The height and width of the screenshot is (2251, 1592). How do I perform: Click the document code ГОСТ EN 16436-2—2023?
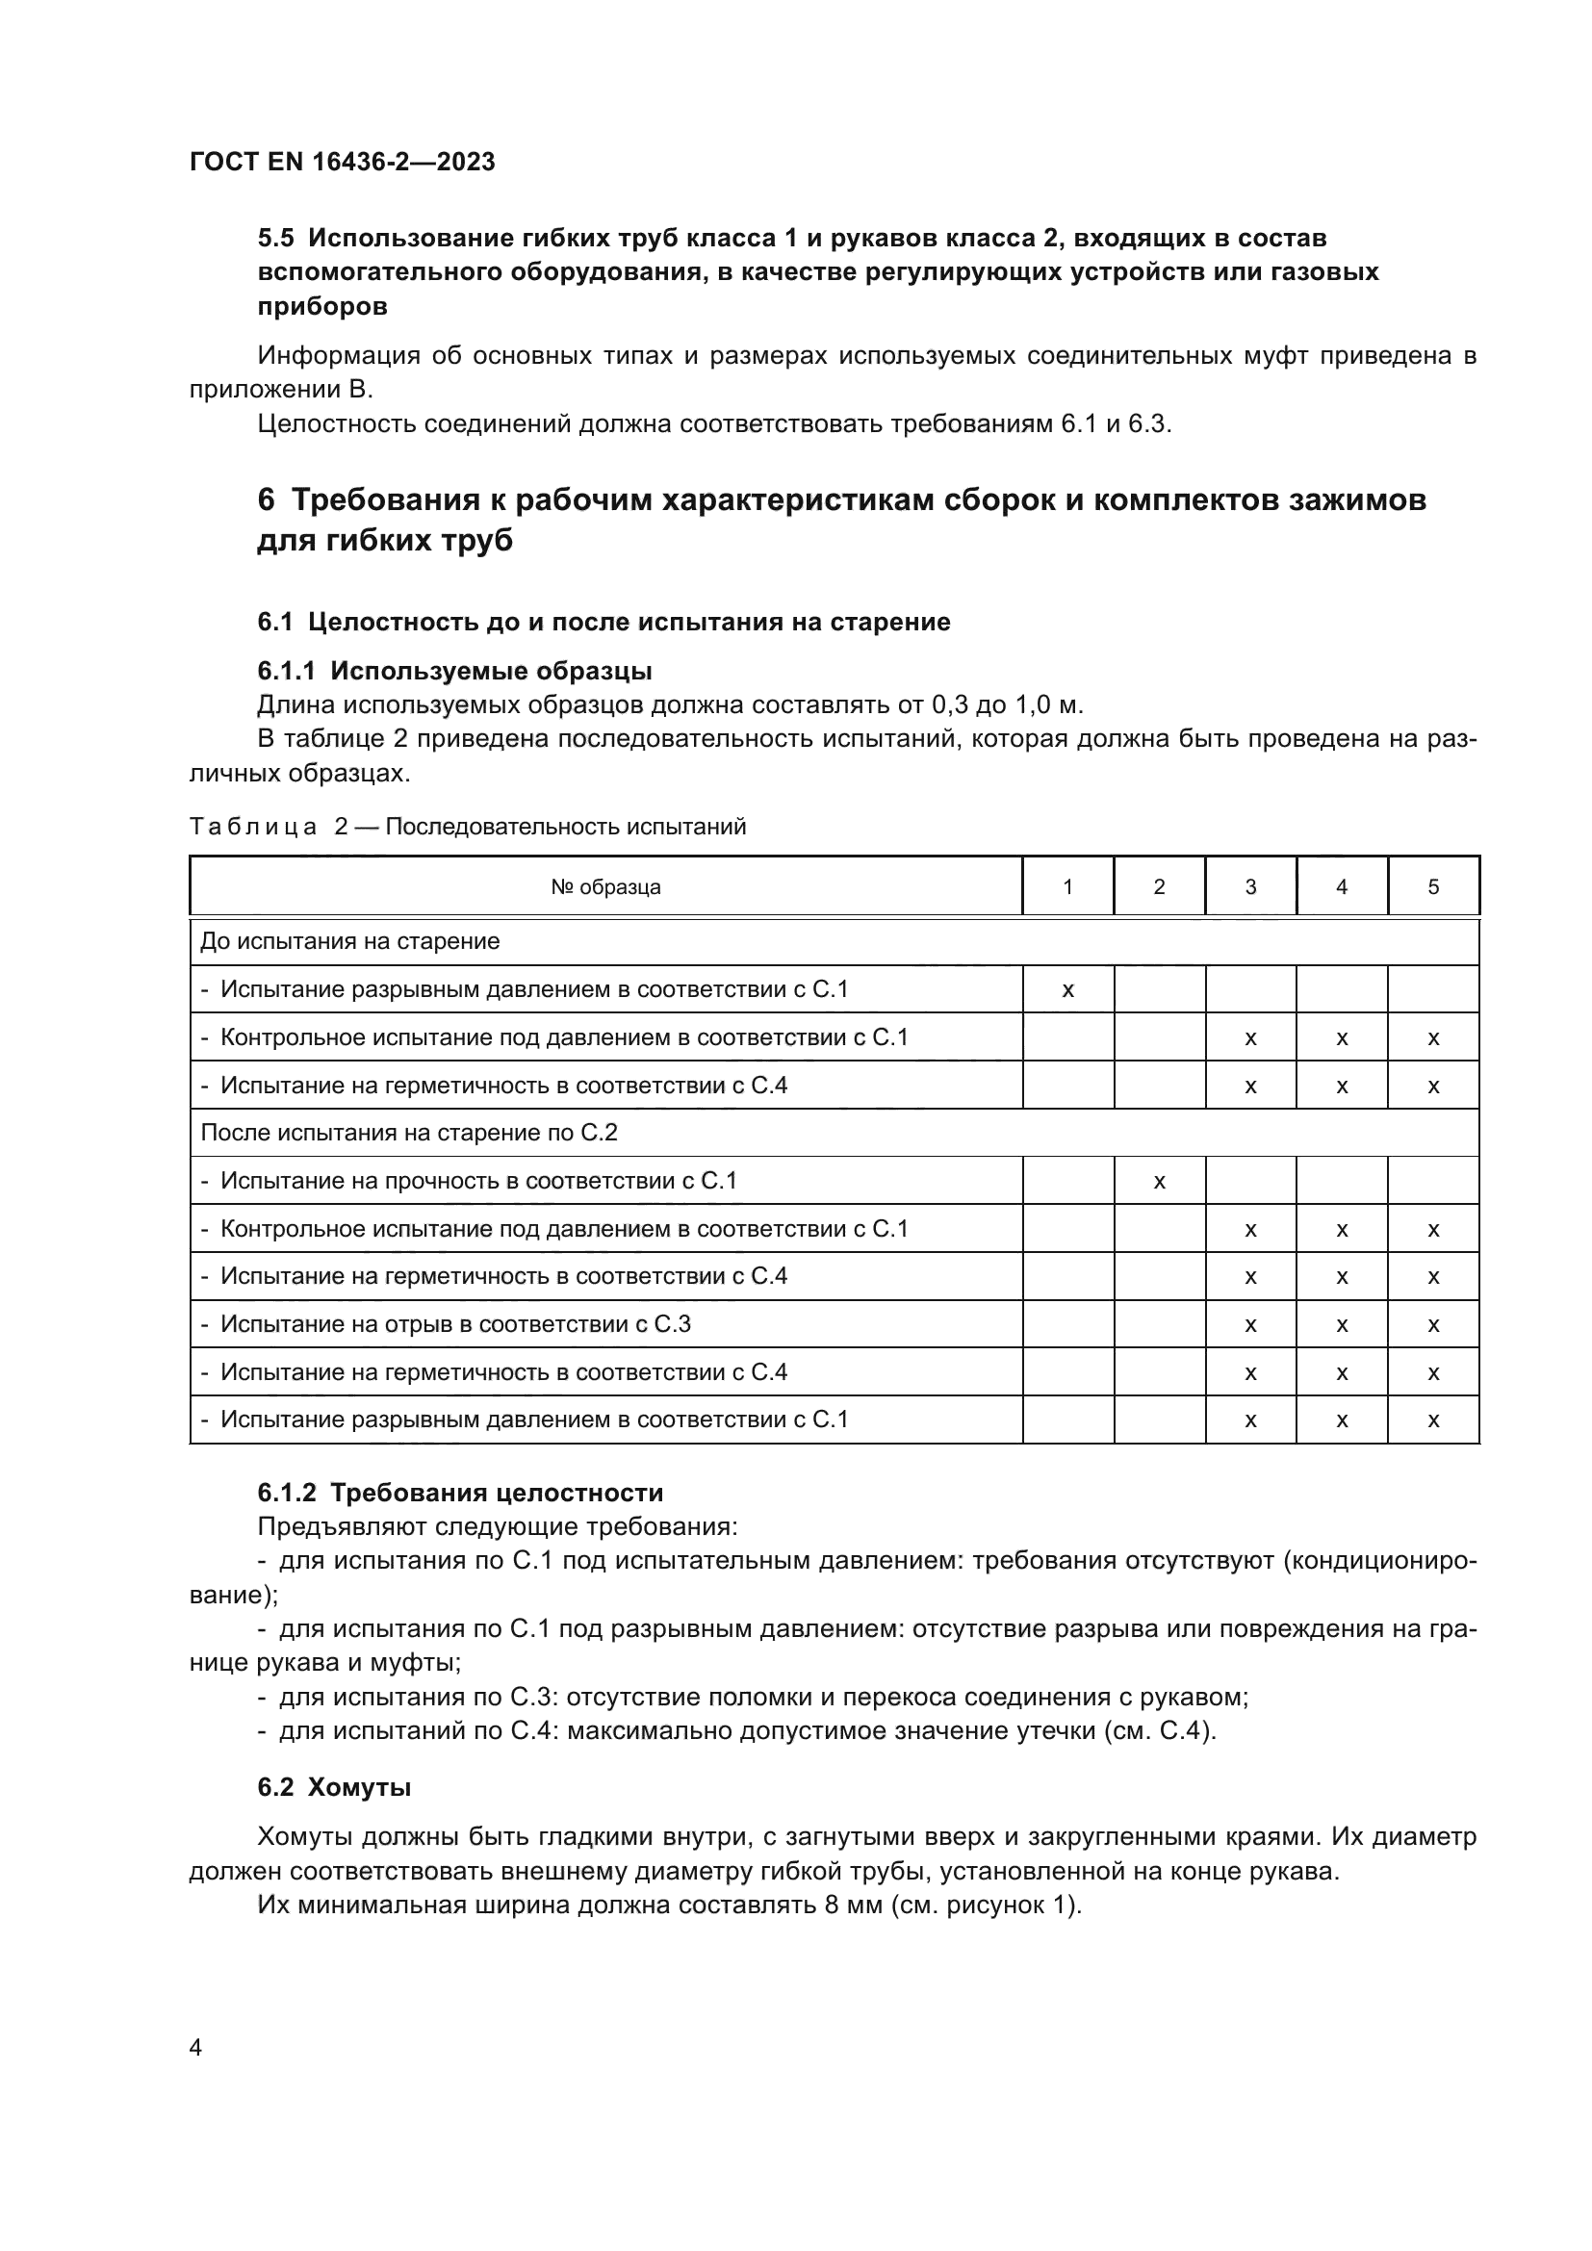coord(342,162)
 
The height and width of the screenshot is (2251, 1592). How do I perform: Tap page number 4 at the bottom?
coord(195,2047)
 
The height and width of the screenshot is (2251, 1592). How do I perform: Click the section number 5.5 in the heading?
coord(275,239)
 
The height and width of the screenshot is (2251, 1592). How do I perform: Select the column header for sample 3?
coord(1250,887)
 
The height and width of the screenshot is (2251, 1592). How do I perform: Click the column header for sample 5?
coord(1432,887)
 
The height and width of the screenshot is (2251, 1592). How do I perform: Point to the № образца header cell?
coord(604,887)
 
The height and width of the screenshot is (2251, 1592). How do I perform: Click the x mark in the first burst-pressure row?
coord(1067,990)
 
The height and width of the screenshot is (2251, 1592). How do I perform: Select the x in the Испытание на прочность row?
coord(1159,1182)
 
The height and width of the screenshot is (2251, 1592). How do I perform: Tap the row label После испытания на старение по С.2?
coord(409,1134)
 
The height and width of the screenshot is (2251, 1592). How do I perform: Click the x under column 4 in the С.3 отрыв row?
coord(1341,1325)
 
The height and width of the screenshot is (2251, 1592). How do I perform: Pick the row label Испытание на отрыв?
coord(455,1324)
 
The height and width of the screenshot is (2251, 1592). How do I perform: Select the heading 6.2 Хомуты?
coord(334,1787)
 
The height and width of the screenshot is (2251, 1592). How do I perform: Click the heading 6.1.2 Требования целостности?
coord(460,1494)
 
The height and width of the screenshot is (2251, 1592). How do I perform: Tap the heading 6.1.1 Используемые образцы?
coord(454,672)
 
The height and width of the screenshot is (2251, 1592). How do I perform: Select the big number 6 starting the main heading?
coord(266,500)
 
